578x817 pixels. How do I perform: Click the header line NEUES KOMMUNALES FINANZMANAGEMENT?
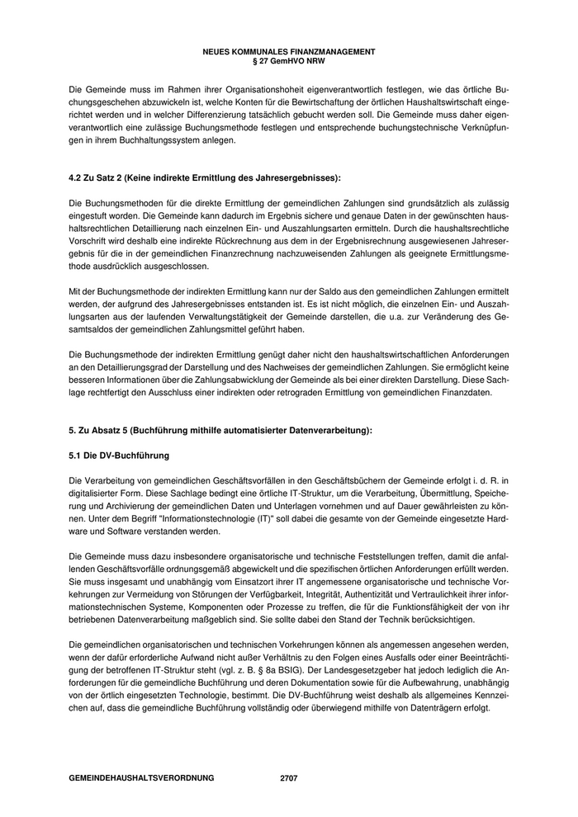pyautogui.click(x=288, y=51)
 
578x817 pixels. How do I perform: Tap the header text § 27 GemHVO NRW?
pyautogui.click(x=288, y=59)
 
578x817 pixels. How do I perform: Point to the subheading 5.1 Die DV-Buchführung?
pyautogui.click(x=119, y=455)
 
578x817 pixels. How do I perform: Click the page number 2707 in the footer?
pyautogui.click(x=289, y=777)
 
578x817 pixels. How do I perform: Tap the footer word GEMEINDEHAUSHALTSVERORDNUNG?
pyautogui.click(x=141, y=777)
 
